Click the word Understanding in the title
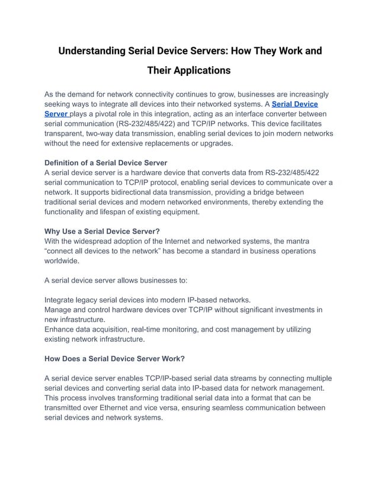coord(91,51)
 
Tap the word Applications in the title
coord(201,71)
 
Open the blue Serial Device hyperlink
coord(294,104)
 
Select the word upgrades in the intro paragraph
coord(215,144)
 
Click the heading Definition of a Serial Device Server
coord(105,163)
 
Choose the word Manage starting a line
coord(60,310)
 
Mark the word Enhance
coord(61,329)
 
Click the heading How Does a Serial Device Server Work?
coord(114,358)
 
